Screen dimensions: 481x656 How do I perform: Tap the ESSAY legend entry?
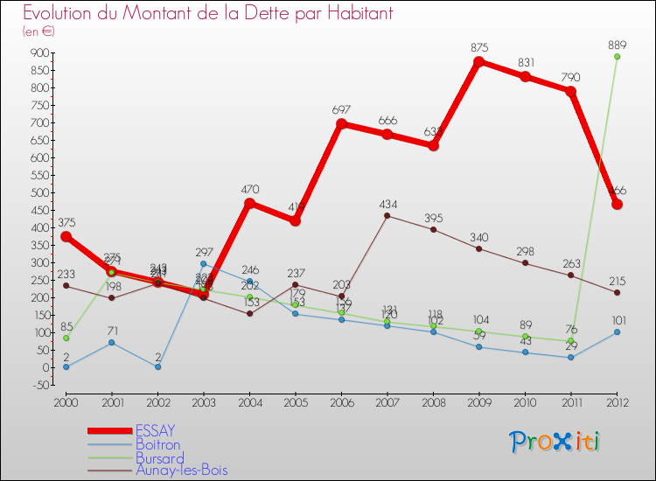click(x=156, y=430)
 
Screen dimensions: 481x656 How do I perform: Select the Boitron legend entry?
click(x=158, y=444)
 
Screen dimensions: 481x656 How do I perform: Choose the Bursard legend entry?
click(x=160, y=457)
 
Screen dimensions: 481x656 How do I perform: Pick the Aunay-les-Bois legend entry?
click(x=181, y=471)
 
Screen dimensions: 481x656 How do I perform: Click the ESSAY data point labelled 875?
click(x=479, y=62)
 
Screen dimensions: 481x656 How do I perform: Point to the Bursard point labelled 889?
click(x=617, y=57)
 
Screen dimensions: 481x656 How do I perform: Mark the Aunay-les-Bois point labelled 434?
click(x=387, y=216)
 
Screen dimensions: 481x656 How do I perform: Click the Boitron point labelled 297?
click(x=204, y=263)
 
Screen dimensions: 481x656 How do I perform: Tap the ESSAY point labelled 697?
click(x=342, y=124)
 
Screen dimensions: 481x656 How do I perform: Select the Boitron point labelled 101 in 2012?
click(x=617, y=332)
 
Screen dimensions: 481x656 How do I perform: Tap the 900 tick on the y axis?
click(x=39, y=52)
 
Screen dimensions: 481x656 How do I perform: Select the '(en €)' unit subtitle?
click(x=38, y=31)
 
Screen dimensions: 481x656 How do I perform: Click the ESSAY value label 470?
click(x=249, y=188)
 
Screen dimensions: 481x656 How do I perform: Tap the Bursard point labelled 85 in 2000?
click(x=66, y=338)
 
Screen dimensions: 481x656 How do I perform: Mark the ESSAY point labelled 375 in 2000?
click(x=66, y=236)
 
